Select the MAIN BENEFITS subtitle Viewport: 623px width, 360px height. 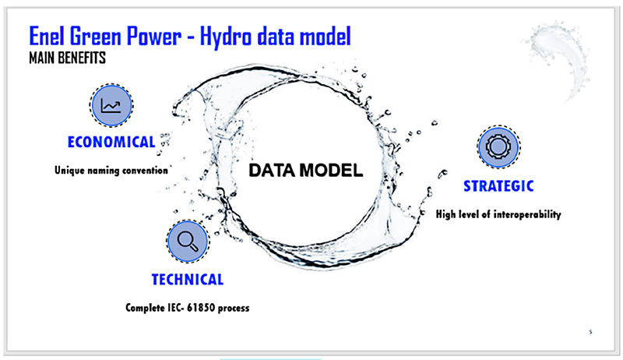[x=68, y=58]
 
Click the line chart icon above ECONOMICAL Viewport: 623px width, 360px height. [x=111, y=105]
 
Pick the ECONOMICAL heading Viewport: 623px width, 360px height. [x=111, y=142]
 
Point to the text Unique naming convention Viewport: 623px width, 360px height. [x=111, y=171]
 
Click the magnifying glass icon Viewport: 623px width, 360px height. [x=188, y=242]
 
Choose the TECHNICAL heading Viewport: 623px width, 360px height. [x=188, y=279]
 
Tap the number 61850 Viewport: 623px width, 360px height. [x=201, y=308]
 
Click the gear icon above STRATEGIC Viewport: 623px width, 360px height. [x=498, y=146]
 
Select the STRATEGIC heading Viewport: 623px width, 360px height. [x=498, y=186]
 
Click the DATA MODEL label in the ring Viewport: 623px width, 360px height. [x=305, y=171]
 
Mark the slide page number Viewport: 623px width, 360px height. [x=590, y=331]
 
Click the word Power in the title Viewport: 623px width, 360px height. [x=153, y=37]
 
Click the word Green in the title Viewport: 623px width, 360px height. [x=95, y=36]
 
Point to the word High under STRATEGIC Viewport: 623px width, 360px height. [x=445, y=214]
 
